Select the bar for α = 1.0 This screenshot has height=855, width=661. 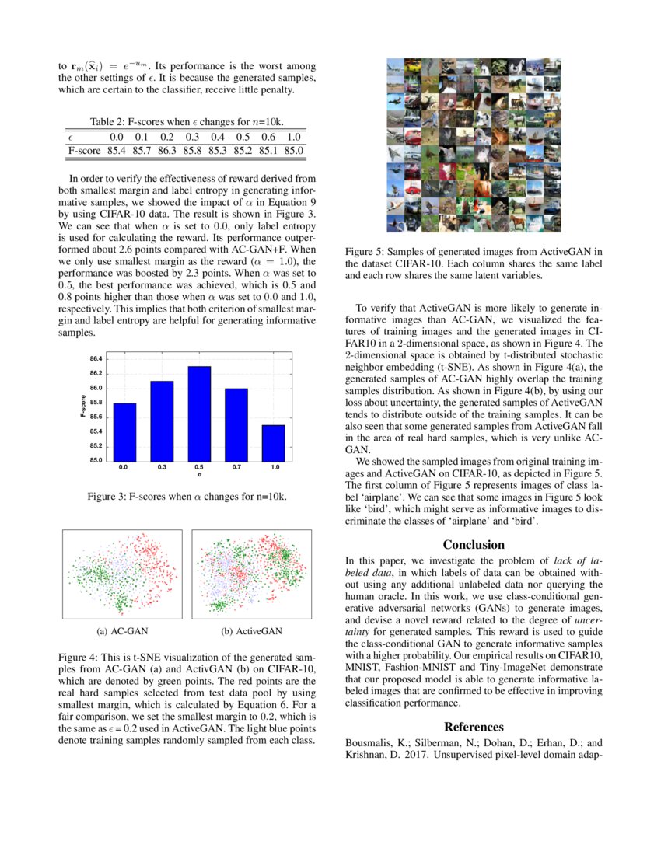point(275,443)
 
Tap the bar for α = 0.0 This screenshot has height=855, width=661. point(124,432)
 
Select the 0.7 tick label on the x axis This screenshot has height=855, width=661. point(236,468)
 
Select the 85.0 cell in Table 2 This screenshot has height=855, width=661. point(294,150)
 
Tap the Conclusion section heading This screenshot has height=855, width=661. point(474,545)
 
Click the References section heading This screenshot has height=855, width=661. point(474,727)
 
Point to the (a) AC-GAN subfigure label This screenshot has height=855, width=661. point(121,631)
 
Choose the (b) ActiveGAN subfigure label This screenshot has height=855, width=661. point(251,631)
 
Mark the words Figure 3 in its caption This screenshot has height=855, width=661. point(107,496)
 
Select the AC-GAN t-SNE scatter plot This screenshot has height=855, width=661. point(121,574)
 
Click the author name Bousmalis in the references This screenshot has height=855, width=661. point(370,742)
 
